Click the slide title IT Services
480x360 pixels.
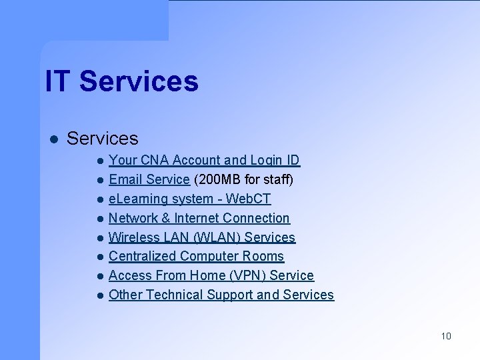[121, 81]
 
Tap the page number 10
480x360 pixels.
[446, 335]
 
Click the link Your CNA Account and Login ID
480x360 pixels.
[204, 160]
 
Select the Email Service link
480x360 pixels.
[149, 179]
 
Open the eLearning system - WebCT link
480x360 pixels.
[189, 199]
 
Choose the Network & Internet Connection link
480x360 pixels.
[199, 218]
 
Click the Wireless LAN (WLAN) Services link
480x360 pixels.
[201, 237]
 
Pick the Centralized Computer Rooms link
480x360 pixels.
[196, 256]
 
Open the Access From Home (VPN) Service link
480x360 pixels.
[211, 275]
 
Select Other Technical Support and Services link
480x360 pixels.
[221, 295]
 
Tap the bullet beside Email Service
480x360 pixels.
[99, 180]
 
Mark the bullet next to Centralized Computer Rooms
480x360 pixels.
[99, 257]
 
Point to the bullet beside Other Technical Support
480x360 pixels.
[99, 295]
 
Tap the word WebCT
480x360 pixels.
[249, 199]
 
